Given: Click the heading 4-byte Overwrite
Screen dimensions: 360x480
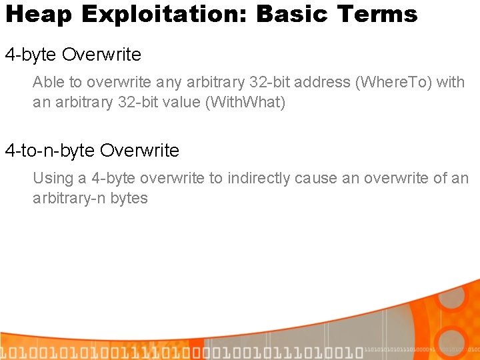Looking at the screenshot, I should (x=73, y=54).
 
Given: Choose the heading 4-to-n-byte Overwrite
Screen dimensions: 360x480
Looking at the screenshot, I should (x=92, y=151).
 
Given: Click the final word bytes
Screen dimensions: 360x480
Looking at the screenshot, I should (x=130, y=198).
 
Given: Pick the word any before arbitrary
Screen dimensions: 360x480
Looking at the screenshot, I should (x=168, y=83).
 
